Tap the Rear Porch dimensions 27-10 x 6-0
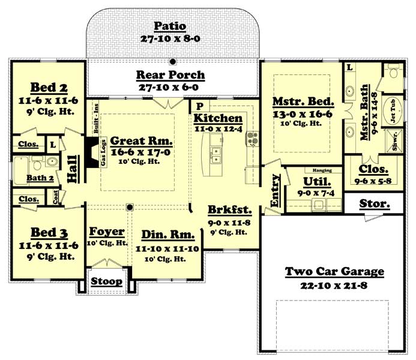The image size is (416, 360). click(x=170, y=87)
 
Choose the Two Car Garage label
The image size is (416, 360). click(x=334, y=272)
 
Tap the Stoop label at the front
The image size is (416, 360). click(x=107, y=281)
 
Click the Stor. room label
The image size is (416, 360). click(x=373, y=203)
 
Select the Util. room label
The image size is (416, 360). click(x=315, y=182)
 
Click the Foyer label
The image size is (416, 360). click(x=107, y=232)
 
